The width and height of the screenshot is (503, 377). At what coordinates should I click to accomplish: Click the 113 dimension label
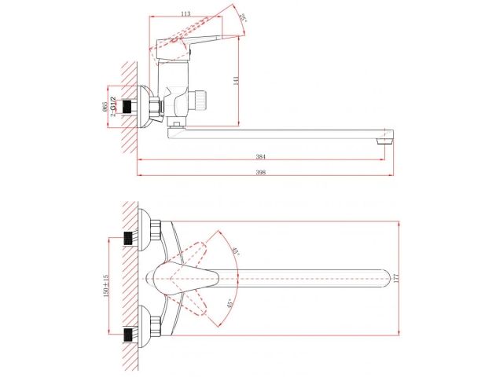(185, 13)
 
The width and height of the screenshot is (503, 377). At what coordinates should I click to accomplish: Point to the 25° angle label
(245, 17)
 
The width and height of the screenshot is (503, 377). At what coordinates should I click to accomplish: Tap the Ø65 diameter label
(105, 107)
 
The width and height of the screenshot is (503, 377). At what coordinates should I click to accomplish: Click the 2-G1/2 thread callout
(112, 107)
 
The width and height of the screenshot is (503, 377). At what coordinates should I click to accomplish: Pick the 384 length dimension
(261, 157)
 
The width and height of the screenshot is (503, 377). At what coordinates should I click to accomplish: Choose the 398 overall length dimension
(261, 173)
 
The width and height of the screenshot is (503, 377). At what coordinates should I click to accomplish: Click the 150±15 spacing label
(106, 285)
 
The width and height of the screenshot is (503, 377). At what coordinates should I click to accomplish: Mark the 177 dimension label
(396, 278)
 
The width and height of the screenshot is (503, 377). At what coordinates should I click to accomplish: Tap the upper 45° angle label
(236, 251)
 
